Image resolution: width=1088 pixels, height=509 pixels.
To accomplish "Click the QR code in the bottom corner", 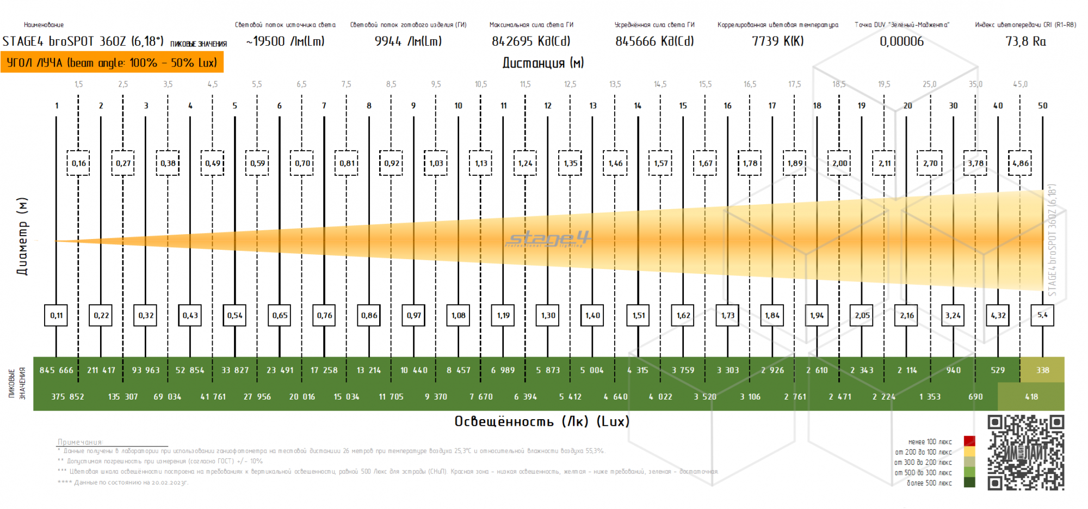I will [1025, 453].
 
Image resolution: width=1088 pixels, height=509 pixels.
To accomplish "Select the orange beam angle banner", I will [112, 63].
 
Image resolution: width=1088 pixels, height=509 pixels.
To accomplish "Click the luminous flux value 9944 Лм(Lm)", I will [408, 41].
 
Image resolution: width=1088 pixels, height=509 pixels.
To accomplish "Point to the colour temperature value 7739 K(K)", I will [777, 41].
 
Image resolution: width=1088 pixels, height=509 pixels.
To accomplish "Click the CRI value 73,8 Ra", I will [1025, 41].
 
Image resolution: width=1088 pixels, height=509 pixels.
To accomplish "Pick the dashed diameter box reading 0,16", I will [78, 163].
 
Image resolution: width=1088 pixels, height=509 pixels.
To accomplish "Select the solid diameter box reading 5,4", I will [1042, 315].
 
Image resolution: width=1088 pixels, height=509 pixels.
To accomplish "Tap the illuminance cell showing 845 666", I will [57, 370].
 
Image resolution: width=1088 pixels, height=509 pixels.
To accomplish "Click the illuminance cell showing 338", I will [1042, 370].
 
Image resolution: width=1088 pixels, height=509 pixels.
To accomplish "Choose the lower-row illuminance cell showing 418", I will [1031, 397].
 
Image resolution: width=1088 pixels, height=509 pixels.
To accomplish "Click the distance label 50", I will [1042, 106].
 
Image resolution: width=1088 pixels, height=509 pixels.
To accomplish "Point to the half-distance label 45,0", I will [1020, 84].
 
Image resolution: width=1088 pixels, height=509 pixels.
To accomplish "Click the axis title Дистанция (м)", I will [543, 63].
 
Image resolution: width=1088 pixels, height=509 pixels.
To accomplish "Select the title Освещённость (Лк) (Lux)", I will [542, 421].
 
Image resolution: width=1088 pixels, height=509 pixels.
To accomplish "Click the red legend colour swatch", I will [969, 441].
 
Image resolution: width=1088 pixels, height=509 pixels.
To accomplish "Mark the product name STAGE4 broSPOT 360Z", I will [83, 41].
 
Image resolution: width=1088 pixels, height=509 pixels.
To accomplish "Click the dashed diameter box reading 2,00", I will [839, 163].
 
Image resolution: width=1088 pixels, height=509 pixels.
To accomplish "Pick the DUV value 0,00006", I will [901, 41].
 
